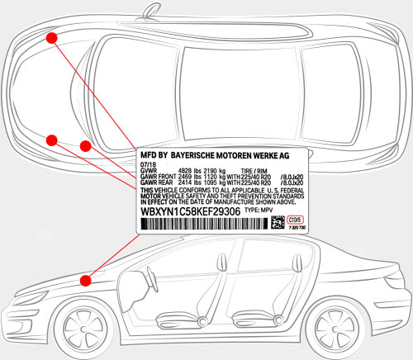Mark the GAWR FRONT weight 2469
[186, 177]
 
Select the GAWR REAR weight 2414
[186, 182]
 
